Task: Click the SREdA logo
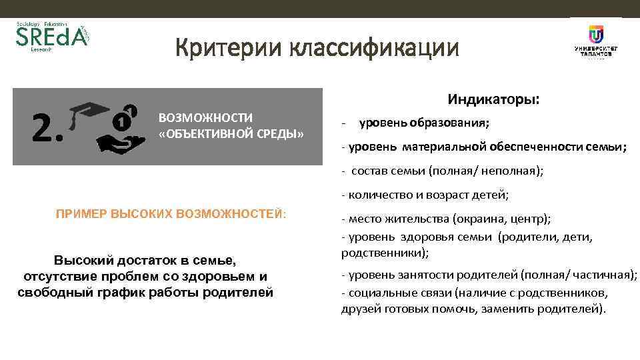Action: click(51, 39)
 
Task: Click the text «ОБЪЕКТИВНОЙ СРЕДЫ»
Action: click(231, 134)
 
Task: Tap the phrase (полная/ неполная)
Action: click(487, 171)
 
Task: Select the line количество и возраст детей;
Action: click(425, 195)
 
